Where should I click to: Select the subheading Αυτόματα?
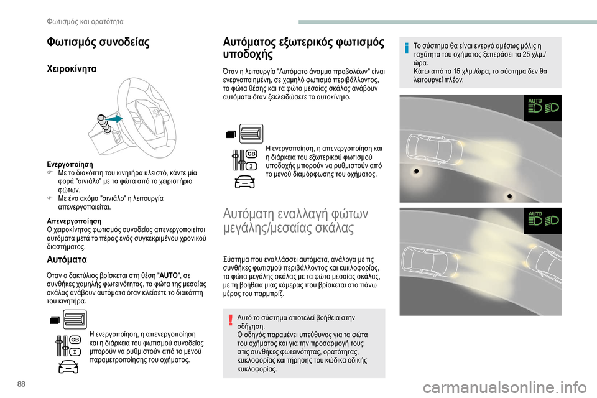click(x=67, y=259)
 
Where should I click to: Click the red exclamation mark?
click(x=230, y=320)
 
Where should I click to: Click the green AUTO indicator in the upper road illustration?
click(x=534, y=101)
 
